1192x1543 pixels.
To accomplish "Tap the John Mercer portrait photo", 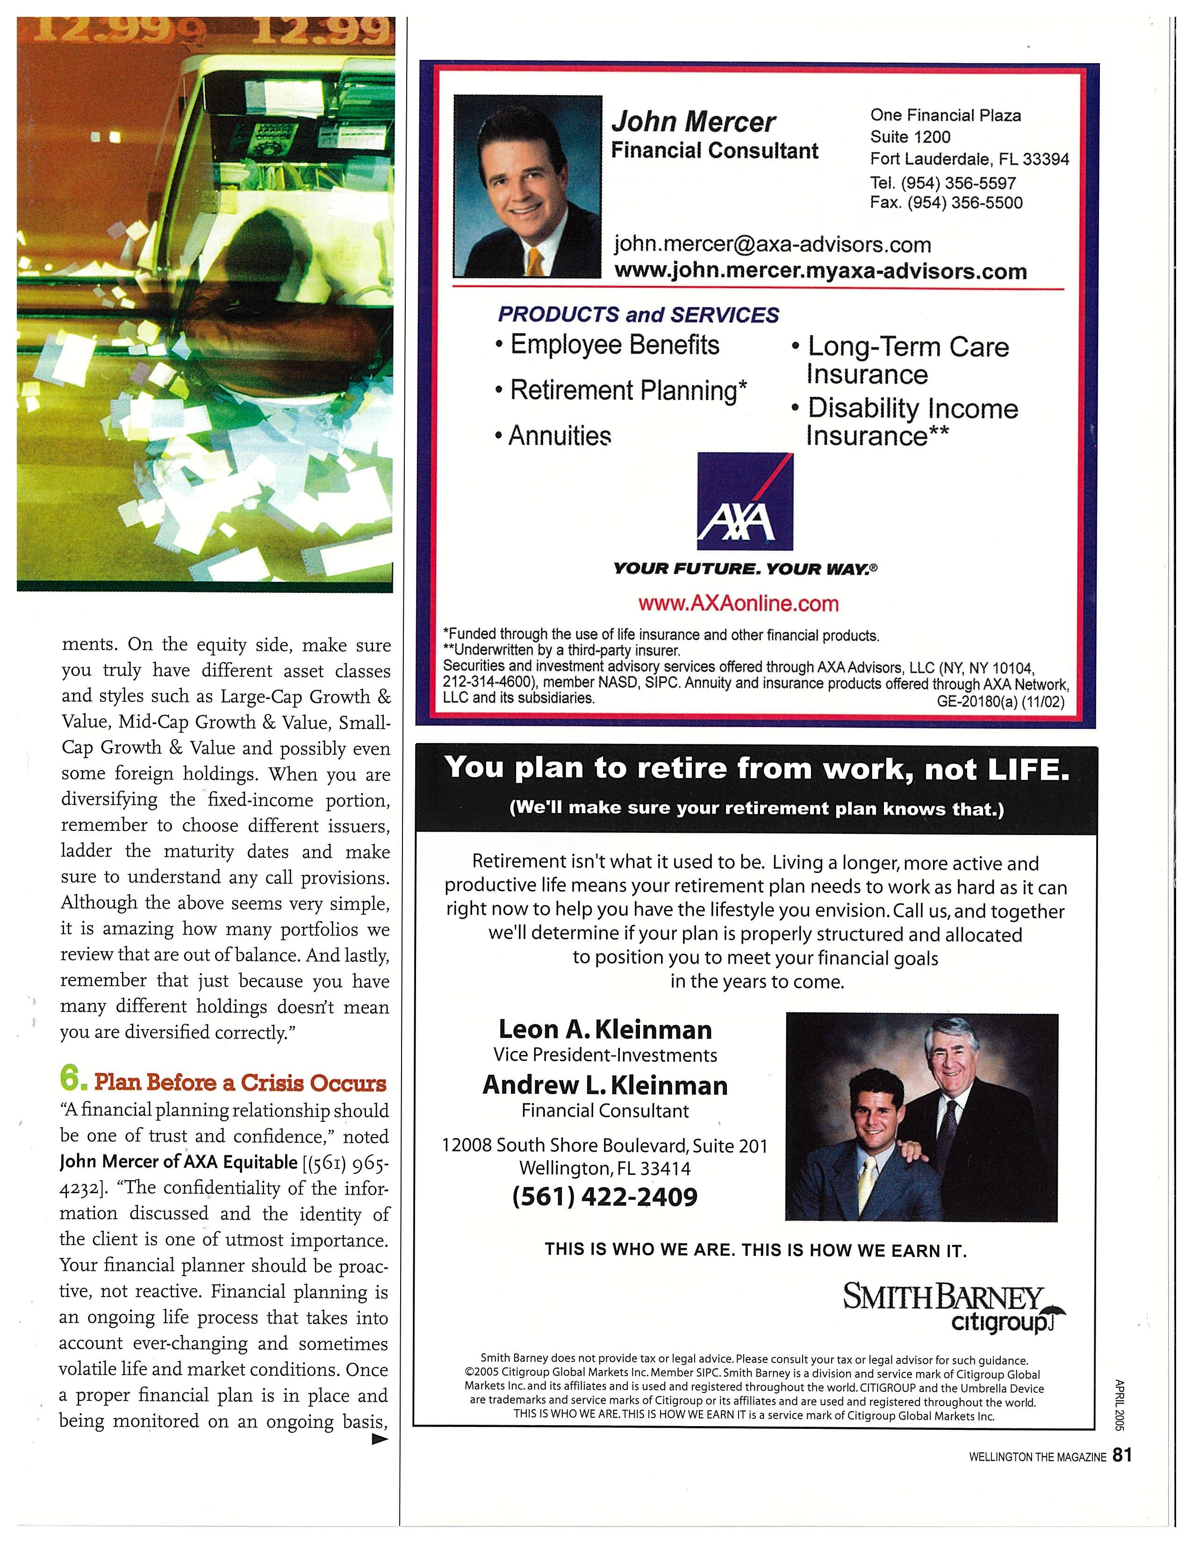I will coord(527,186).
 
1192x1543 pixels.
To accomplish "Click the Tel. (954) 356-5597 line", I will coord(943,183).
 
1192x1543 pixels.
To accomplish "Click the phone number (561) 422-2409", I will coord(604,1196).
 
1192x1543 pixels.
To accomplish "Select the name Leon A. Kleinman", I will coord(605,1030).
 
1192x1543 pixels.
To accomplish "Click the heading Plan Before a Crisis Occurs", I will coord(240,1082).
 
